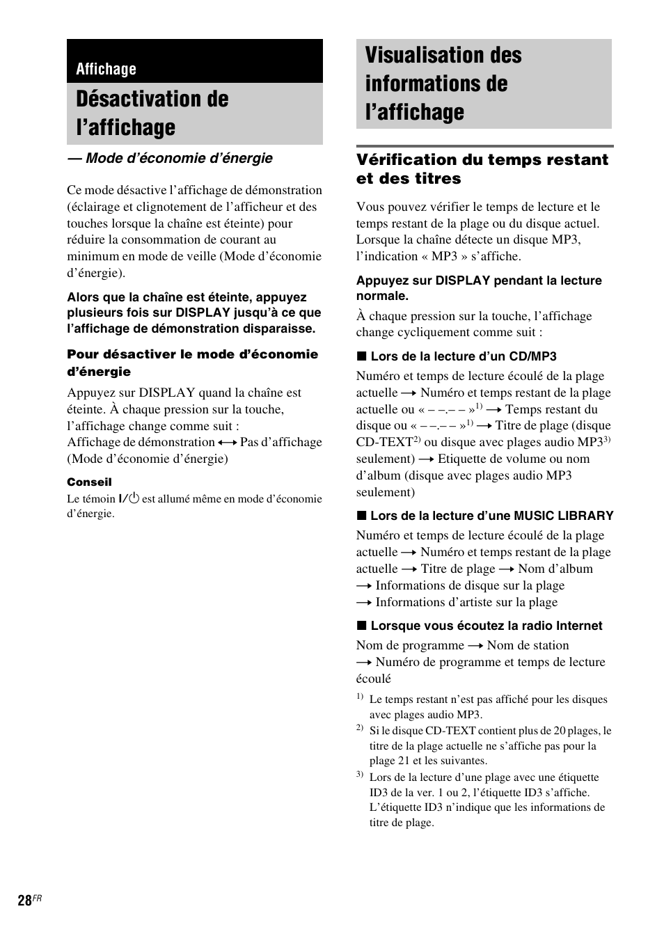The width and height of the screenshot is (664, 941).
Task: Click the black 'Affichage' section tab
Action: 106,69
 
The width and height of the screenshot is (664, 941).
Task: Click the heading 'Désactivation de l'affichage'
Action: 152,113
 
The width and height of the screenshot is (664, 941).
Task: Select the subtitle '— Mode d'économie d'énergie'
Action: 170,158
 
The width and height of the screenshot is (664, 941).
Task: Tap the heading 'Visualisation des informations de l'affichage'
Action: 443,84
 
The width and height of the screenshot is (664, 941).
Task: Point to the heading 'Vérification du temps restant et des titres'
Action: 482,169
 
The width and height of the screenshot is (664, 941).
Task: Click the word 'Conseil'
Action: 89,482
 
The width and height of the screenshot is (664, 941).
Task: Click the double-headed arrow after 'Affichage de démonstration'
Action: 228,443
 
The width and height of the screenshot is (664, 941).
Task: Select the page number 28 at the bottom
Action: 25,901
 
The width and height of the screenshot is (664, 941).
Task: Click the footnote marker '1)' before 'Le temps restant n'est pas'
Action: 360,697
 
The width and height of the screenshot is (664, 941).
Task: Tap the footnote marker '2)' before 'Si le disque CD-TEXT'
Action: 360,728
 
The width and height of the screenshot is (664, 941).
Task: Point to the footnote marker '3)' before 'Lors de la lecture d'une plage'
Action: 360,775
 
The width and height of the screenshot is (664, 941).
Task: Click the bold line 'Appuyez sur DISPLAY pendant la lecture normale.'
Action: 479,288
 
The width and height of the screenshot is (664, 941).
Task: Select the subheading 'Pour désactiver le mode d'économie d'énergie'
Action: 192,363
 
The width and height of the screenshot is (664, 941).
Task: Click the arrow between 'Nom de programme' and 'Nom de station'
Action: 475,646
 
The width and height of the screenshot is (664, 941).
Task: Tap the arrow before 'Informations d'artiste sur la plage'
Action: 364,603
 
